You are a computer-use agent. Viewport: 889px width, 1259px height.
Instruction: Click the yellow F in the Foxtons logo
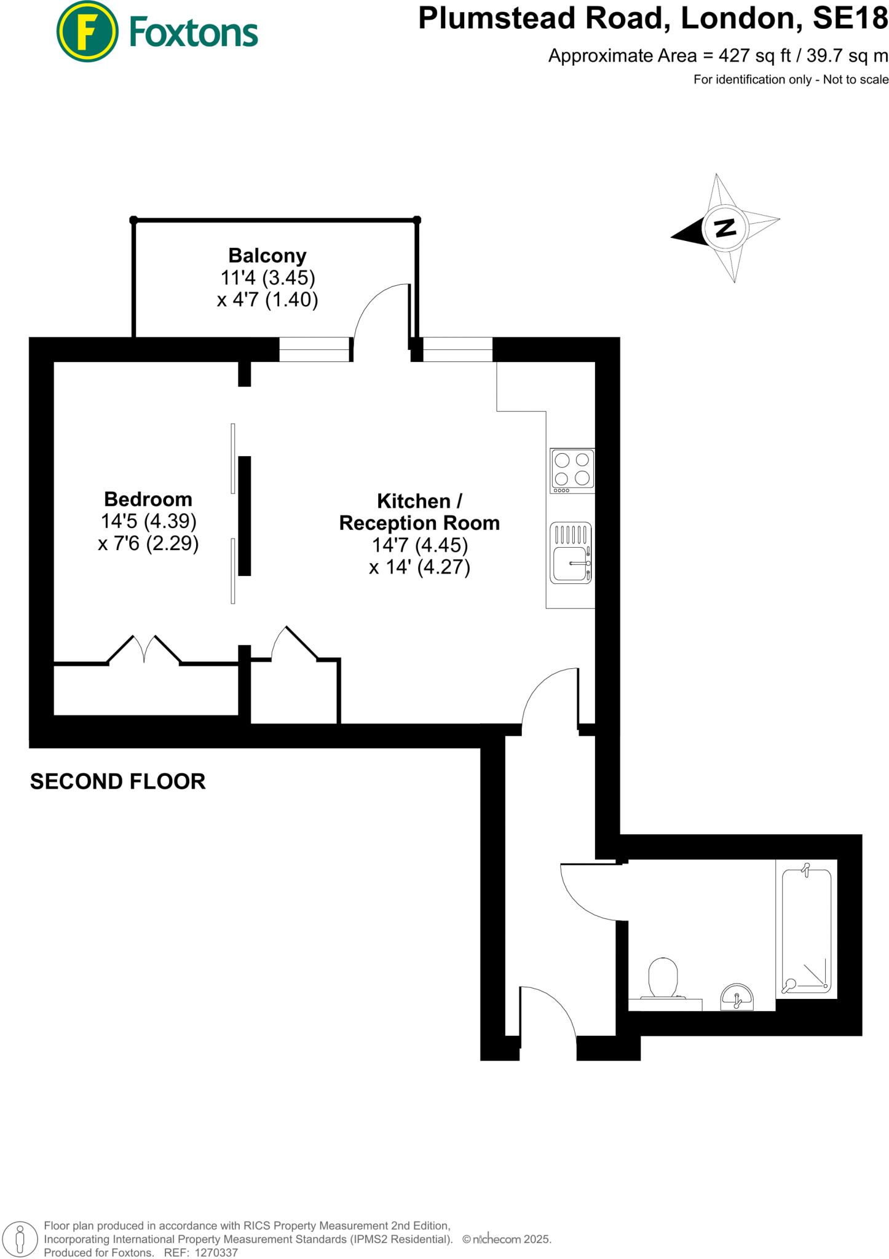87,32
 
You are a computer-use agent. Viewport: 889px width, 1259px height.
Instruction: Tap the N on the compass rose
725,228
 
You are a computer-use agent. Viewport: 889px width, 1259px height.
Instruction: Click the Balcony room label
267,255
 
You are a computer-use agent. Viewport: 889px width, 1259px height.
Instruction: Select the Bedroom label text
148,499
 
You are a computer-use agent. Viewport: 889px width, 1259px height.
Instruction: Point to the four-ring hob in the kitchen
572,470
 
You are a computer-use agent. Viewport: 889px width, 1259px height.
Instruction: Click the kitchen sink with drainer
571,553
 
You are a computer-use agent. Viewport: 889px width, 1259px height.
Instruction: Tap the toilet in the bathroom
663,978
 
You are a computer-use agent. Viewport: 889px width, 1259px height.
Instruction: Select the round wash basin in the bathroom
737,997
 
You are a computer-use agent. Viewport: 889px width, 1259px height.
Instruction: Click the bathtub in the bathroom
806,929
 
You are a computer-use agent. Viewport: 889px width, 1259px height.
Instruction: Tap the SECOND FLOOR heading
117,781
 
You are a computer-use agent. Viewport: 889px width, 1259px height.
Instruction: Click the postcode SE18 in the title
850,18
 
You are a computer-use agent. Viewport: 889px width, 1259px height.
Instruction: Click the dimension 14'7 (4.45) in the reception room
419,545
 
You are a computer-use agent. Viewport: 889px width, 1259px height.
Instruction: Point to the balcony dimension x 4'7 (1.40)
267,300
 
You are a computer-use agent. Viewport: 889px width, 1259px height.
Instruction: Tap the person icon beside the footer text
20,1239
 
